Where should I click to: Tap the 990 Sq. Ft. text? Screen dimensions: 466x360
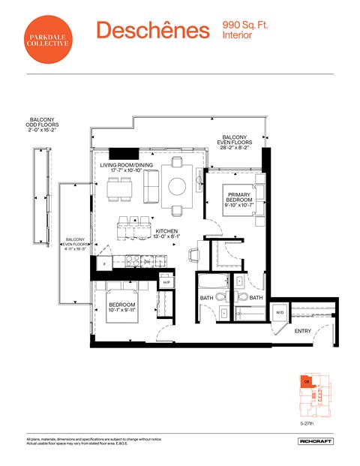(245, 26)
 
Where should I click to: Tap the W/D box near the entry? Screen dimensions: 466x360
(280, 313)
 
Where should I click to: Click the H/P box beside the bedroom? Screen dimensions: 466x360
(166, 281)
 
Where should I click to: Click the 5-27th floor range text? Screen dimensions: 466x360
(306, 423)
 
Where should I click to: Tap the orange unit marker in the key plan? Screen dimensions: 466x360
(306, 381)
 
